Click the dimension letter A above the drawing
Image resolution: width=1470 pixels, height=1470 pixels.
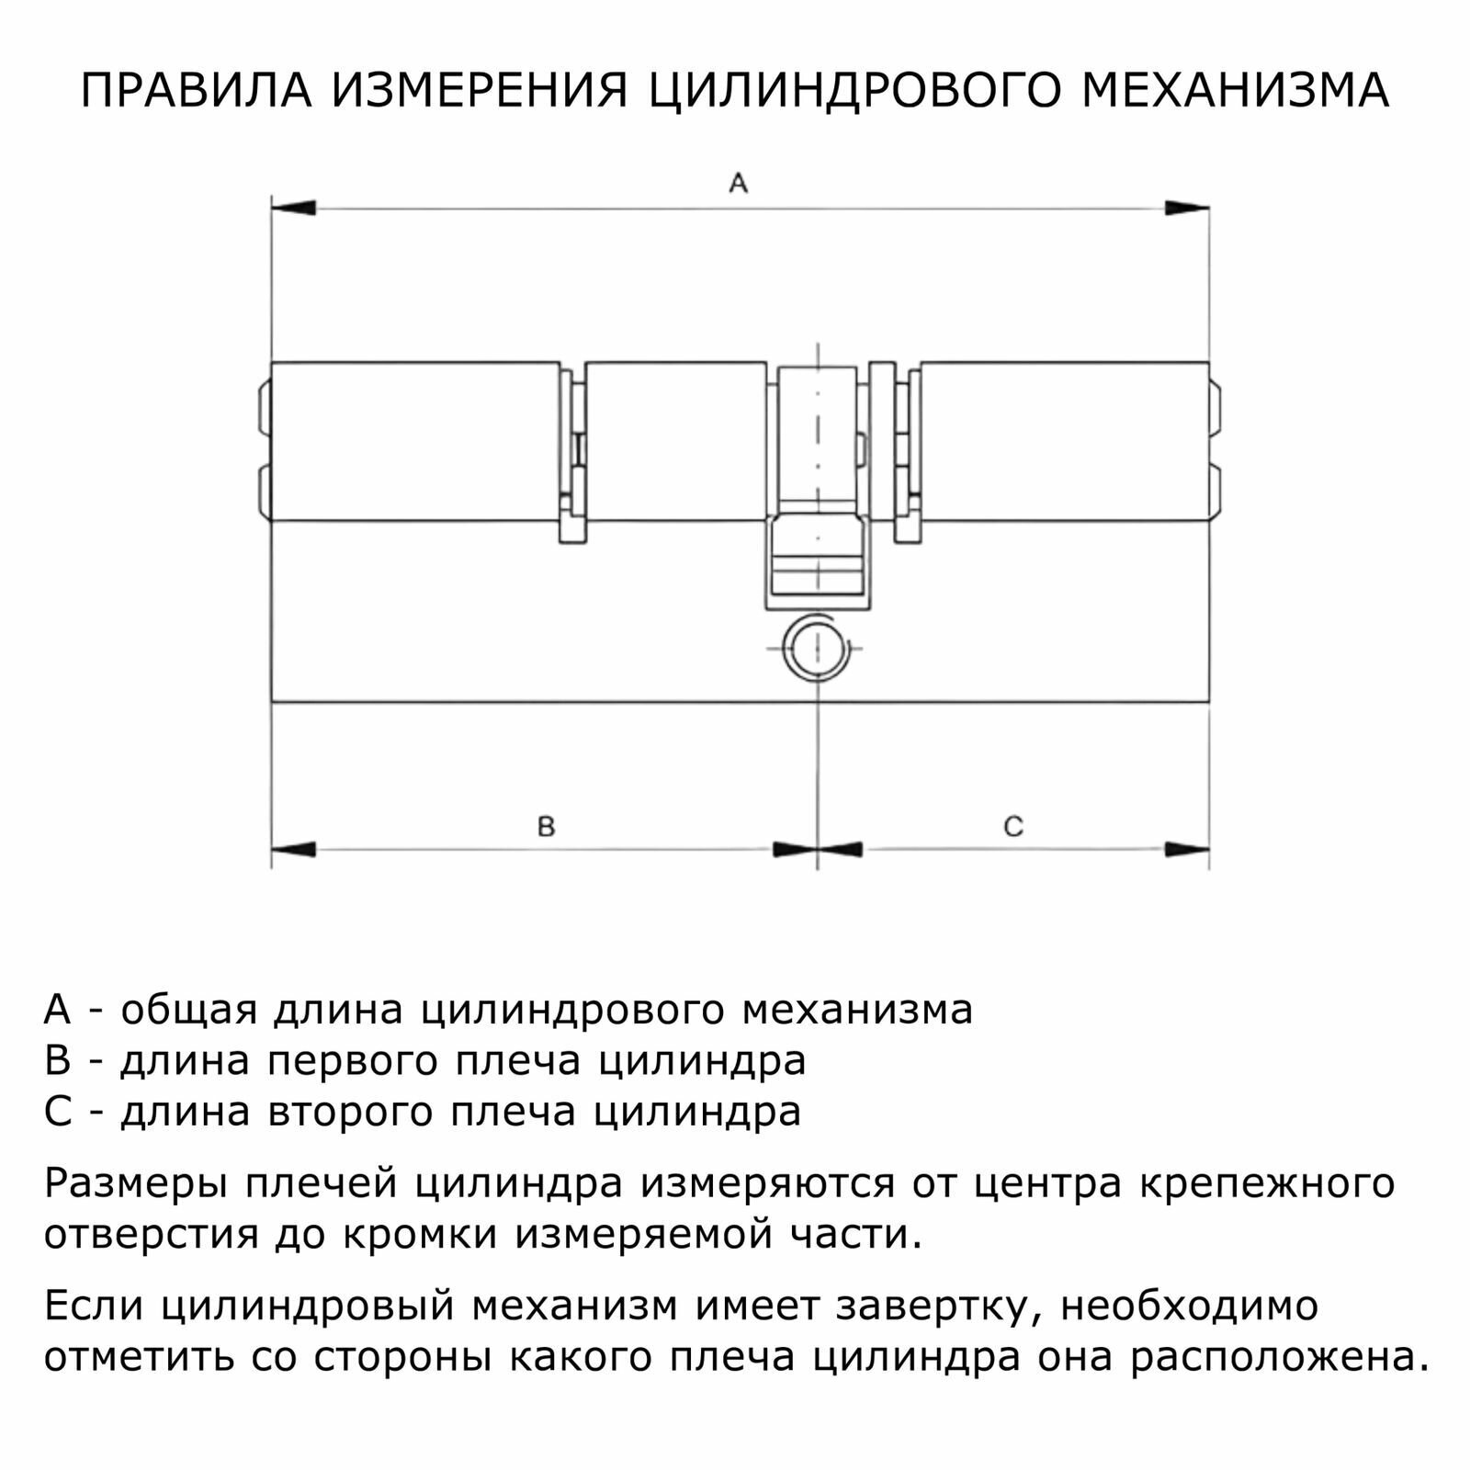pos(738,184)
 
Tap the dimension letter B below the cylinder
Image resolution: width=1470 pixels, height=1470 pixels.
pos(546,827)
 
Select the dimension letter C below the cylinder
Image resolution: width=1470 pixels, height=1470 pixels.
pos(1012,827)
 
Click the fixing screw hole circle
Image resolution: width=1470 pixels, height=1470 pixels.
pos(817,649)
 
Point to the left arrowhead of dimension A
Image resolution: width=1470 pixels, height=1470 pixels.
pos(293,209)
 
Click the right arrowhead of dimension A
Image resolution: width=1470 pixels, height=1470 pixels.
pos(1187,209)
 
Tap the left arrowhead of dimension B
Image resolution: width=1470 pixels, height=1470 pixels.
pos(293,850)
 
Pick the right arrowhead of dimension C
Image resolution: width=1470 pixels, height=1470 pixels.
pos(1187,850)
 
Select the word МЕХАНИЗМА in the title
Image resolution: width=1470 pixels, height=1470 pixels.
pos(1235,91)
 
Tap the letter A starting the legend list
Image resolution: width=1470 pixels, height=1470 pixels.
pos(57,1010)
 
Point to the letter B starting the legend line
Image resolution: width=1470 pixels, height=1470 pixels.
pos(57,1061)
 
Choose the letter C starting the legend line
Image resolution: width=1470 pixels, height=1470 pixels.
pos(57,1113)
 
